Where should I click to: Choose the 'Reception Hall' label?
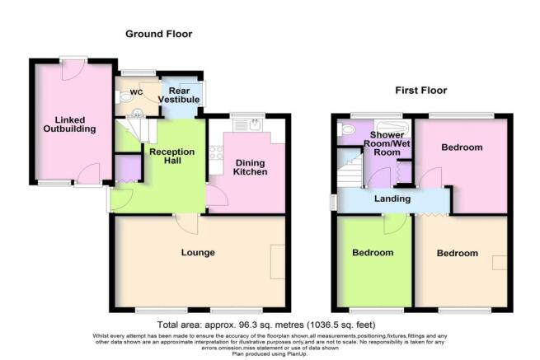click(x=171, y=157)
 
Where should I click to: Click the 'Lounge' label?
click(x=200, y=252)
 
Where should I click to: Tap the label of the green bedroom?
click(x=373, y=252)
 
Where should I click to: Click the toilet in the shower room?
click(x=346, y=129)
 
